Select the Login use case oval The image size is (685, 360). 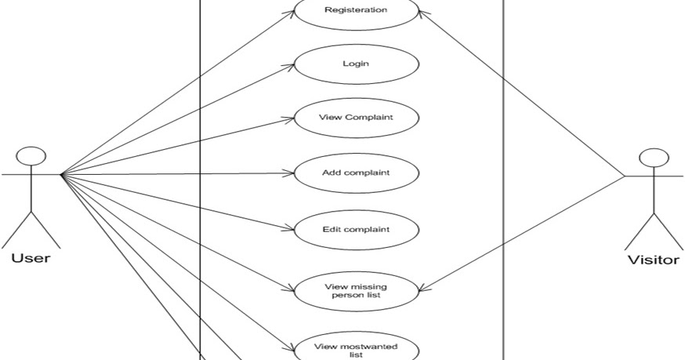click(355, 65)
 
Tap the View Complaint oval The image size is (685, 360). click(356, 118)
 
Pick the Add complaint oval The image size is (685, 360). click(356, 172)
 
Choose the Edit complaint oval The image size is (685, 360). click(356, 229)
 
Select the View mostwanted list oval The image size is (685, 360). click(356, 349)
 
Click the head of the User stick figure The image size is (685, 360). click(29, 155)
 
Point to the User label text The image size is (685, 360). click(31, 258)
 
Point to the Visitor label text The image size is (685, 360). click(653, 260)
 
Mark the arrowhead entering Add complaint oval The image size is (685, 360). click(289, 173)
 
